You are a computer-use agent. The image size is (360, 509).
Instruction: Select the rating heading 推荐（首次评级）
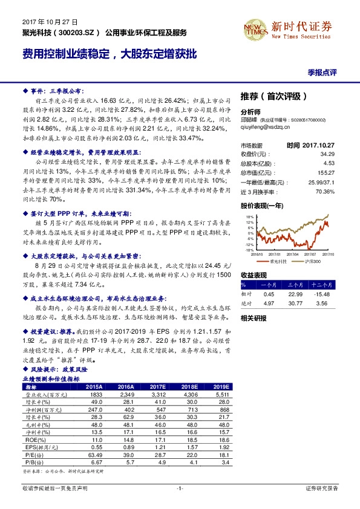(275, 96)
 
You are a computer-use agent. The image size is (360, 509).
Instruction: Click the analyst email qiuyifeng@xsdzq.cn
(267, 128)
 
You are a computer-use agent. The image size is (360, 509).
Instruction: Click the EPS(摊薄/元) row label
(39, 447)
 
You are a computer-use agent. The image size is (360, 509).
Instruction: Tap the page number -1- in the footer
(180, 488)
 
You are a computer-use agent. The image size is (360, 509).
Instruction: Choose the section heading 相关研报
(254, 317)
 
